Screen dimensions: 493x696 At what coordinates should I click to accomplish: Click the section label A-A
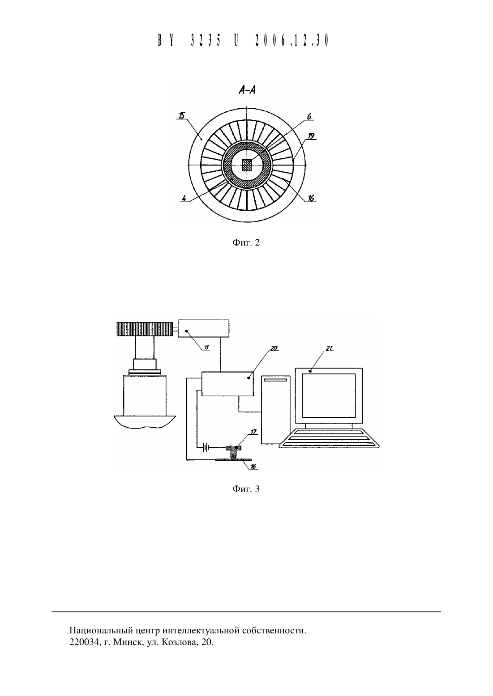tap(247, 90)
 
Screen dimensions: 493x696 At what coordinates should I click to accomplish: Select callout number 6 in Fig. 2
tap(309, 116)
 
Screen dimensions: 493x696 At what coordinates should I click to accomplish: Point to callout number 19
tap(311, 136)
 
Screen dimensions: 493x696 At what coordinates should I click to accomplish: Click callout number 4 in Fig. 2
tap(184, 198)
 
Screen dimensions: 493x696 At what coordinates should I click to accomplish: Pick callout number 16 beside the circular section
tap(311, 198)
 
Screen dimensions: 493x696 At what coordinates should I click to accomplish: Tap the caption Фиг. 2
tap(246, 243)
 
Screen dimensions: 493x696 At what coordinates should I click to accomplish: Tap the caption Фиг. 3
tap(246, 489)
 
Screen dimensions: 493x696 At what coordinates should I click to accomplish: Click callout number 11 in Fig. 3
tap(206, 348)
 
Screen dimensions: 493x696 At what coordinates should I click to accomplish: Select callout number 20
tap(274, 348)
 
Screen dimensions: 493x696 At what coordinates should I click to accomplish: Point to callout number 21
tap(330, 348)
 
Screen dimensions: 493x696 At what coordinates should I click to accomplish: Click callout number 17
tap(253, 432)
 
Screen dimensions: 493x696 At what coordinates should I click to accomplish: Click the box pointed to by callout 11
tap(203, 328)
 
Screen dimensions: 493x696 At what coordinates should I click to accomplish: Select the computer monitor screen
tap(329, 395)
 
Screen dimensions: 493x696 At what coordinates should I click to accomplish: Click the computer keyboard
tap(330, 438)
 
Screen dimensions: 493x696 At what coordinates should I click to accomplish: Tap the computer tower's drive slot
tap(276, 380)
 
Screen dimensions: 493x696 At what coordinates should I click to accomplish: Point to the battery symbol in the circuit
tap(205, 448)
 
